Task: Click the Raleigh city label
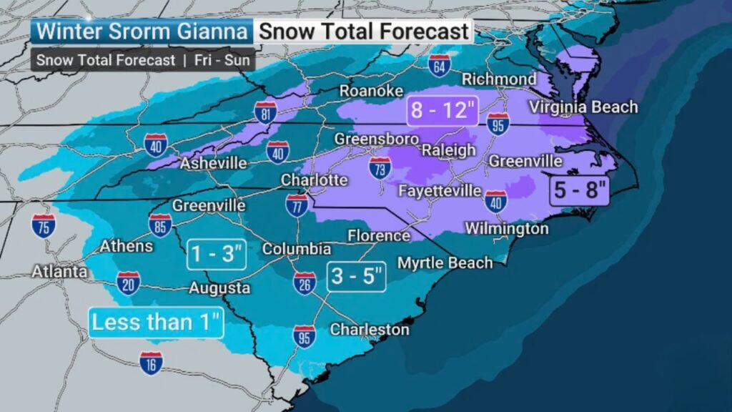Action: point(448,150)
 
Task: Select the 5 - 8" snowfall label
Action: point(580,190)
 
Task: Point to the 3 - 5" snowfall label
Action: point(357,276)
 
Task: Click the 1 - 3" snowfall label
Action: point(217,254)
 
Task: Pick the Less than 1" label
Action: point(157,322)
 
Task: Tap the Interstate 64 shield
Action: point(440,65)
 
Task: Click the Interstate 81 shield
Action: point(265,112)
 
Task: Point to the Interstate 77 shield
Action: point(297,205)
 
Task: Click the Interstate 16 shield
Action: point(151,363)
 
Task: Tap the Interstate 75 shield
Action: point(44,225)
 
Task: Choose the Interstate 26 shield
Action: point(305,283)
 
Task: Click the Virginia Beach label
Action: point(583,107)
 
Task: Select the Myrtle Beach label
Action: point(445,263)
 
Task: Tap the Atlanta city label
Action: point(59,272)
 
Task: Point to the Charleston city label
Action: point(369,329)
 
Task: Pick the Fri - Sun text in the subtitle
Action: point(222,60)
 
